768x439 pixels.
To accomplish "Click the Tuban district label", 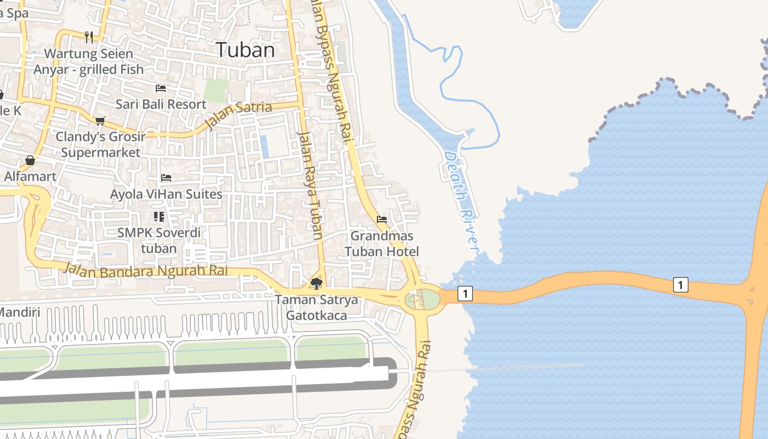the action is click(x=245, y=50).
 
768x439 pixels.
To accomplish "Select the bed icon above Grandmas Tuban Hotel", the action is click(x=382, y=219).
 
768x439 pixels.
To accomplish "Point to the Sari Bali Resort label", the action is click(x=161, y=104).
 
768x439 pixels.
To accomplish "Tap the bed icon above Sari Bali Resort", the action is click(x=161, y=88).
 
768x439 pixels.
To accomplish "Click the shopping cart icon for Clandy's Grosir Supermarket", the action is click(x=100, y=121).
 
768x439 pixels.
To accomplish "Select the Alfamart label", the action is click(x=30, y=177).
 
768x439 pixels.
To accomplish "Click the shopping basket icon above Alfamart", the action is click(x=30, y=160).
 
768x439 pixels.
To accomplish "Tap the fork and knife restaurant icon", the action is click(x=89, y=37).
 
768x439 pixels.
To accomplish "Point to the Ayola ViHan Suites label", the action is click(x=166, y=194).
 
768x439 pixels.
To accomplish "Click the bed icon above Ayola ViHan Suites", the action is click(x=166, y=178).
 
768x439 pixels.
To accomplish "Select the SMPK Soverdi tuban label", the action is click(x=159, y=240).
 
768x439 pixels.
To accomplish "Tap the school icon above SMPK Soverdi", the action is click(x=159, y=217).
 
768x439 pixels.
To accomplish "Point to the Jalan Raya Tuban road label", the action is click(x=310, y=184).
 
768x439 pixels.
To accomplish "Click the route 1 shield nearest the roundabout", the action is click(x=465, y=294).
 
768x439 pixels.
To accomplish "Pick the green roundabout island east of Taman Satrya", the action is click(x=422, y=300).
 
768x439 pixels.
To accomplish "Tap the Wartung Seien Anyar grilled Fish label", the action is click(x=89, y=61).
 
